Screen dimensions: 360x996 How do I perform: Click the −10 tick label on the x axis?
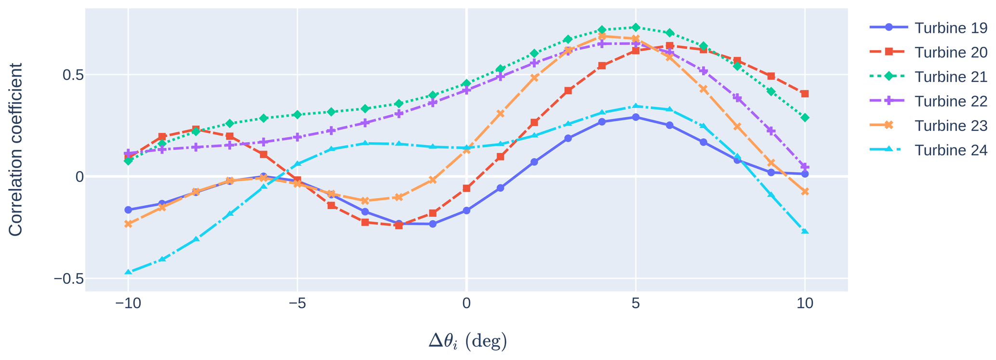[x=128, y=304]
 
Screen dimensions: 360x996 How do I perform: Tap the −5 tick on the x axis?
[x=297, y=304]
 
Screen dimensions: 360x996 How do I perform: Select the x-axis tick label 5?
[x=636, y=304]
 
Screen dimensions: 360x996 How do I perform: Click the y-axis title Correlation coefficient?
[x=16, y=149]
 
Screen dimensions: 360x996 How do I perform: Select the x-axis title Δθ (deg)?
[x=467, y=341]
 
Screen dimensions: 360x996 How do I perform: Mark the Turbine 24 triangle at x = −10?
[x=128, y=272]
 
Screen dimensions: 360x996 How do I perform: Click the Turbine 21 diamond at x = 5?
[x=636, y=27]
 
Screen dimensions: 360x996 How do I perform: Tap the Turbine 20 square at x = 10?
[x=805, y=93]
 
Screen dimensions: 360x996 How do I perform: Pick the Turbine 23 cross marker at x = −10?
[x=128, y=224]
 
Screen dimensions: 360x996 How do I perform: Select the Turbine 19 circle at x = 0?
[x=466, y=211]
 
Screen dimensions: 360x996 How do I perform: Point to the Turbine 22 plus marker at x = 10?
[x=805, y=167]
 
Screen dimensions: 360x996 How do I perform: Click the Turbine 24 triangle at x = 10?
[x=805, y=232]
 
